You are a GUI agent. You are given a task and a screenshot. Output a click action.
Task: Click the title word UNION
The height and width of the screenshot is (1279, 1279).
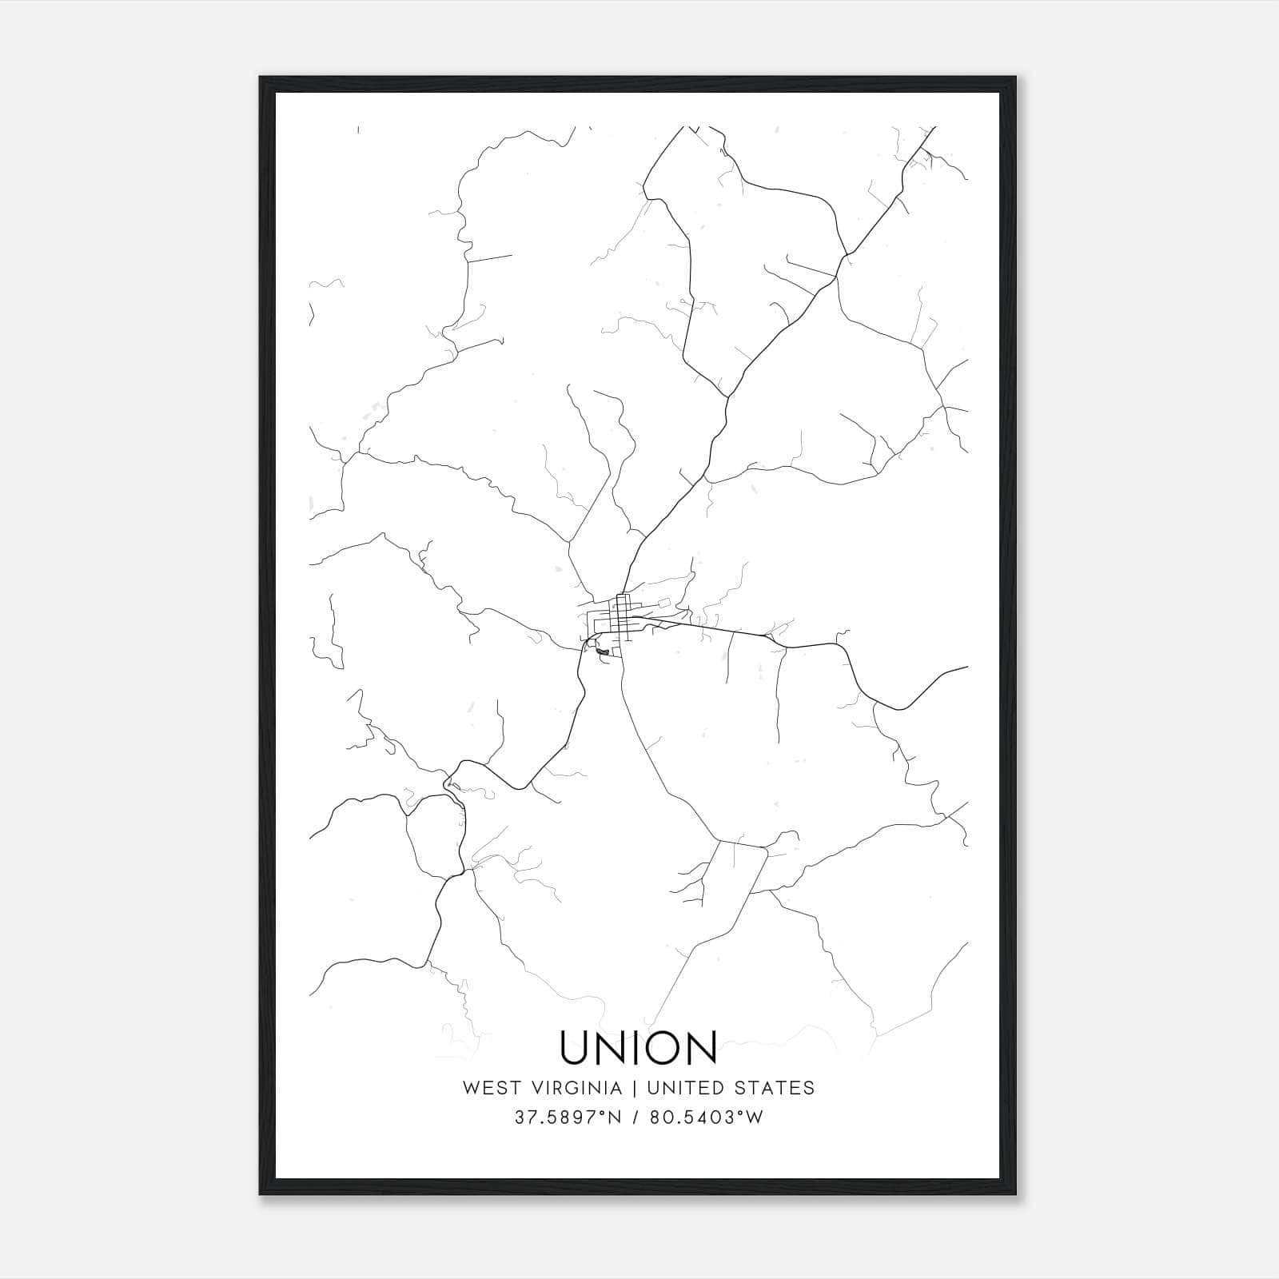[x=639, y=1047]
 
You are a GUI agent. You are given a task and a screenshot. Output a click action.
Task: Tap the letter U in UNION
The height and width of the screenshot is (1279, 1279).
[x=576, y=1047]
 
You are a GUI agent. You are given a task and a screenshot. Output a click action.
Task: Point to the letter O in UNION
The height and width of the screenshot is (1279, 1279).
[x=662, y=1047]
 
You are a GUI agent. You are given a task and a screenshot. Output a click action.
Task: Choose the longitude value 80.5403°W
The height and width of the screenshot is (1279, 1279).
[x=705, y=1118]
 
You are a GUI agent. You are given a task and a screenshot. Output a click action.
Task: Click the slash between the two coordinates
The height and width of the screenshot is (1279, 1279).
[x=635, y=1118]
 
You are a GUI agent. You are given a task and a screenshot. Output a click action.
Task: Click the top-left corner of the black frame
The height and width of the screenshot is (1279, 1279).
[x=261, y=78]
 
